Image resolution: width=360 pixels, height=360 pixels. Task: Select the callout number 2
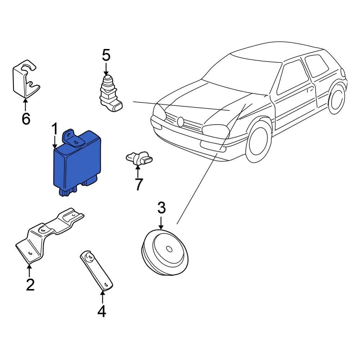coord(30,284)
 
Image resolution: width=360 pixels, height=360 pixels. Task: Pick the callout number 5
coord(106,55)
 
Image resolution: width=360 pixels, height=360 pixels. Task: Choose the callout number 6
coord(26,118)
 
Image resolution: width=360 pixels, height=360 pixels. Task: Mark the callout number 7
coord(138,184)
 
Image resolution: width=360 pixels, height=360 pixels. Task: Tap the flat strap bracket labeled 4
coord(96,270)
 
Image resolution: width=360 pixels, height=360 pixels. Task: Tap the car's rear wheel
coord(338,99)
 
